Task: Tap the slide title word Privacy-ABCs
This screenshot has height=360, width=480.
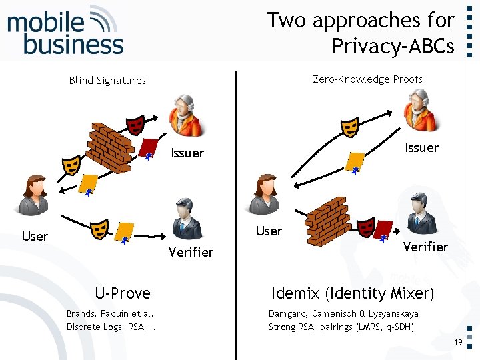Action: pos(393,47)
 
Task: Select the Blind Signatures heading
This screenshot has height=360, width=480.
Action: pos(107,81)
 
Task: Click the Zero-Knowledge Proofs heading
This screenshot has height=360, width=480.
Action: pos(367,79)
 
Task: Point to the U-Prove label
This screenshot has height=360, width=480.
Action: pos(123,293)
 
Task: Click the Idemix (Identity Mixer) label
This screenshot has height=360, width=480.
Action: pos(353,293)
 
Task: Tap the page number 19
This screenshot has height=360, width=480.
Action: pos(457,342)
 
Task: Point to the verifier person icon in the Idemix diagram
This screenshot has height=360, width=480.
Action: pos(420,213)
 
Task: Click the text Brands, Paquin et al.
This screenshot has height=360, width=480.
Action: pos(110,313)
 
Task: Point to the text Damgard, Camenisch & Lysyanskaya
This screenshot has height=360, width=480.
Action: pos(343,313)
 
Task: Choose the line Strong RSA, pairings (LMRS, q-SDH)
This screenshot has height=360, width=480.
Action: pos(341,327)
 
